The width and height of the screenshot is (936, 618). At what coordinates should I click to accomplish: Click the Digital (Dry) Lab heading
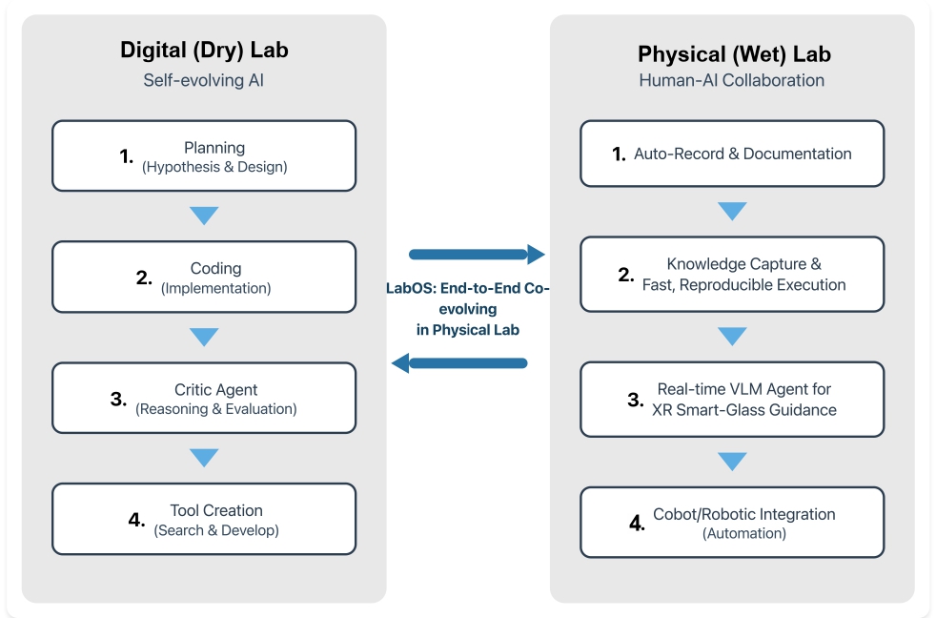pyautogui.click(x=204, y=51)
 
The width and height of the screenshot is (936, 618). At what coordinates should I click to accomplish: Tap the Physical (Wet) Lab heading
pyautogui.click(x=732, y=52)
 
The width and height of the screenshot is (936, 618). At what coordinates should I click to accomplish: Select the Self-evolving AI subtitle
pyautogui.click(x=204, y=80)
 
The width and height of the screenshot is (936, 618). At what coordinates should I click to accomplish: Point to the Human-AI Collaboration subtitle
pyautogui.click(x=732, y=80)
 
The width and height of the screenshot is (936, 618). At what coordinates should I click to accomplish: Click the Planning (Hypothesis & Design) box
pyautogui.click(x=204, y=156)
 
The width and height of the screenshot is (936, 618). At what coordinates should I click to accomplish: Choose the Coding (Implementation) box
pyautogui.click(x=204, y=278)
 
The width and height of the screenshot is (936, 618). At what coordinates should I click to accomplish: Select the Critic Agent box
pyautogui.click(x=204, y=399)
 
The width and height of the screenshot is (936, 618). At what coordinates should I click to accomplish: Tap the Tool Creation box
pyautogui.click(x=204, y=520)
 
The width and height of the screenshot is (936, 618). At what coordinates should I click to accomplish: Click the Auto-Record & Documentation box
pyautogui.click(x=732, y=154)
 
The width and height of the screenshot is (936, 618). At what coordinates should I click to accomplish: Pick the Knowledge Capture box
pyautogui.click(x=732, y=275)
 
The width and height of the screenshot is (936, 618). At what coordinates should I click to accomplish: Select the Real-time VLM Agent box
pyautogui.click(x=732, y=400)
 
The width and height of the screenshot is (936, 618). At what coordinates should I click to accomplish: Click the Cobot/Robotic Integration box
pyautogui.click(x=732, y=523)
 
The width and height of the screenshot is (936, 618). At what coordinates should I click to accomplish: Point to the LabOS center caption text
pyautogui.click(x=467, y=308)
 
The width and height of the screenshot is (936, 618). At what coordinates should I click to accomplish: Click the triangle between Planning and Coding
pyautogui.click(x=204, y=216)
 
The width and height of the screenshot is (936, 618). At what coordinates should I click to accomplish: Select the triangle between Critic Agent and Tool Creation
pyautogui.click(x=204, y=458)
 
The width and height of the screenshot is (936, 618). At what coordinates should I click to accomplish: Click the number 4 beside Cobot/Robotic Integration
pyautogui.click(x=637, y=524)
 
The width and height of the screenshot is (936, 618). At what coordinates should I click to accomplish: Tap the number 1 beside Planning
pyautogui.click(x=126, y=156)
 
